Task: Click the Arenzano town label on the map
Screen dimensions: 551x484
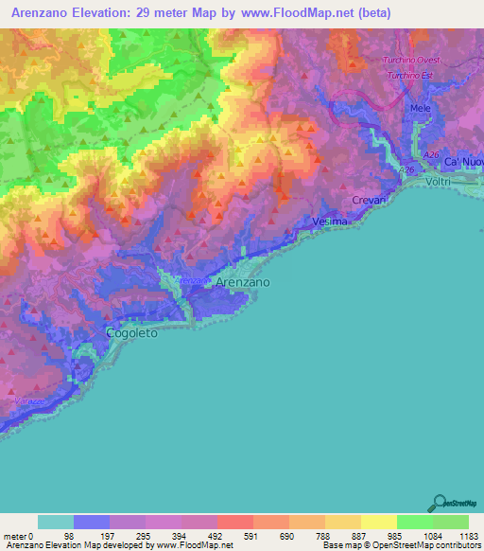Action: pos(243,283)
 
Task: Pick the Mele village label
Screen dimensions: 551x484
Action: pos(420,109)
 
